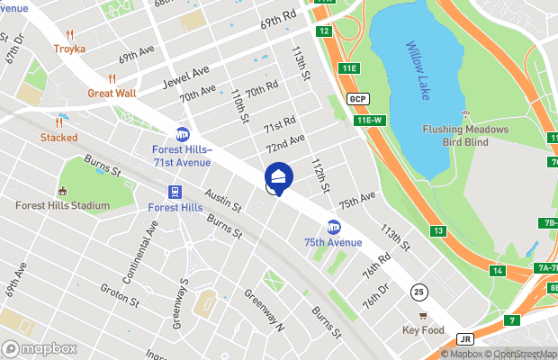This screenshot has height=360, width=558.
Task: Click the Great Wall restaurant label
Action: [x=112, y=92]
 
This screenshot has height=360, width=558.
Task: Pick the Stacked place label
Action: [x=58, y=137]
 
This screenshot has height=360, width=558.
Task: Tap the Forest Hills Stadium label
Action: [x=62, y=205]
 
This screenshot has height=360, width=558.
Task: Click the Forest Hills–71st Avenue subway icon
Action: [x=183, y=134]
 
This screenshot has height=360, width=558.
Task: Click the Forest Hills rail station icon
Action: [x=175, y=191]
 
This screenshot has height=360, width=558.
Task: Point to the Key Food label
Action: [x=423, y=330]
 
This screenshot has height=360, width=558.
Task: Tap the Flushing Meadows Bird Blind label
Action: [x=465, y=135]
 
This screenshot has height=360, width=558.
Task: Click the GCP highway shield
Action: [x=357, y=98]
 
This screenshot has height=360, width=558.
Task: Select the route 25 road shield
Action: [x=418, y=292]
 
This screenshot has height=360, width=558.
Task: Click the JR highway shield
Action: [x=465, y=340]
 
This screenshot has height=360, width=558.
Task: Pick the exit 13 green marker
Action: [x=437, y=231]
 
